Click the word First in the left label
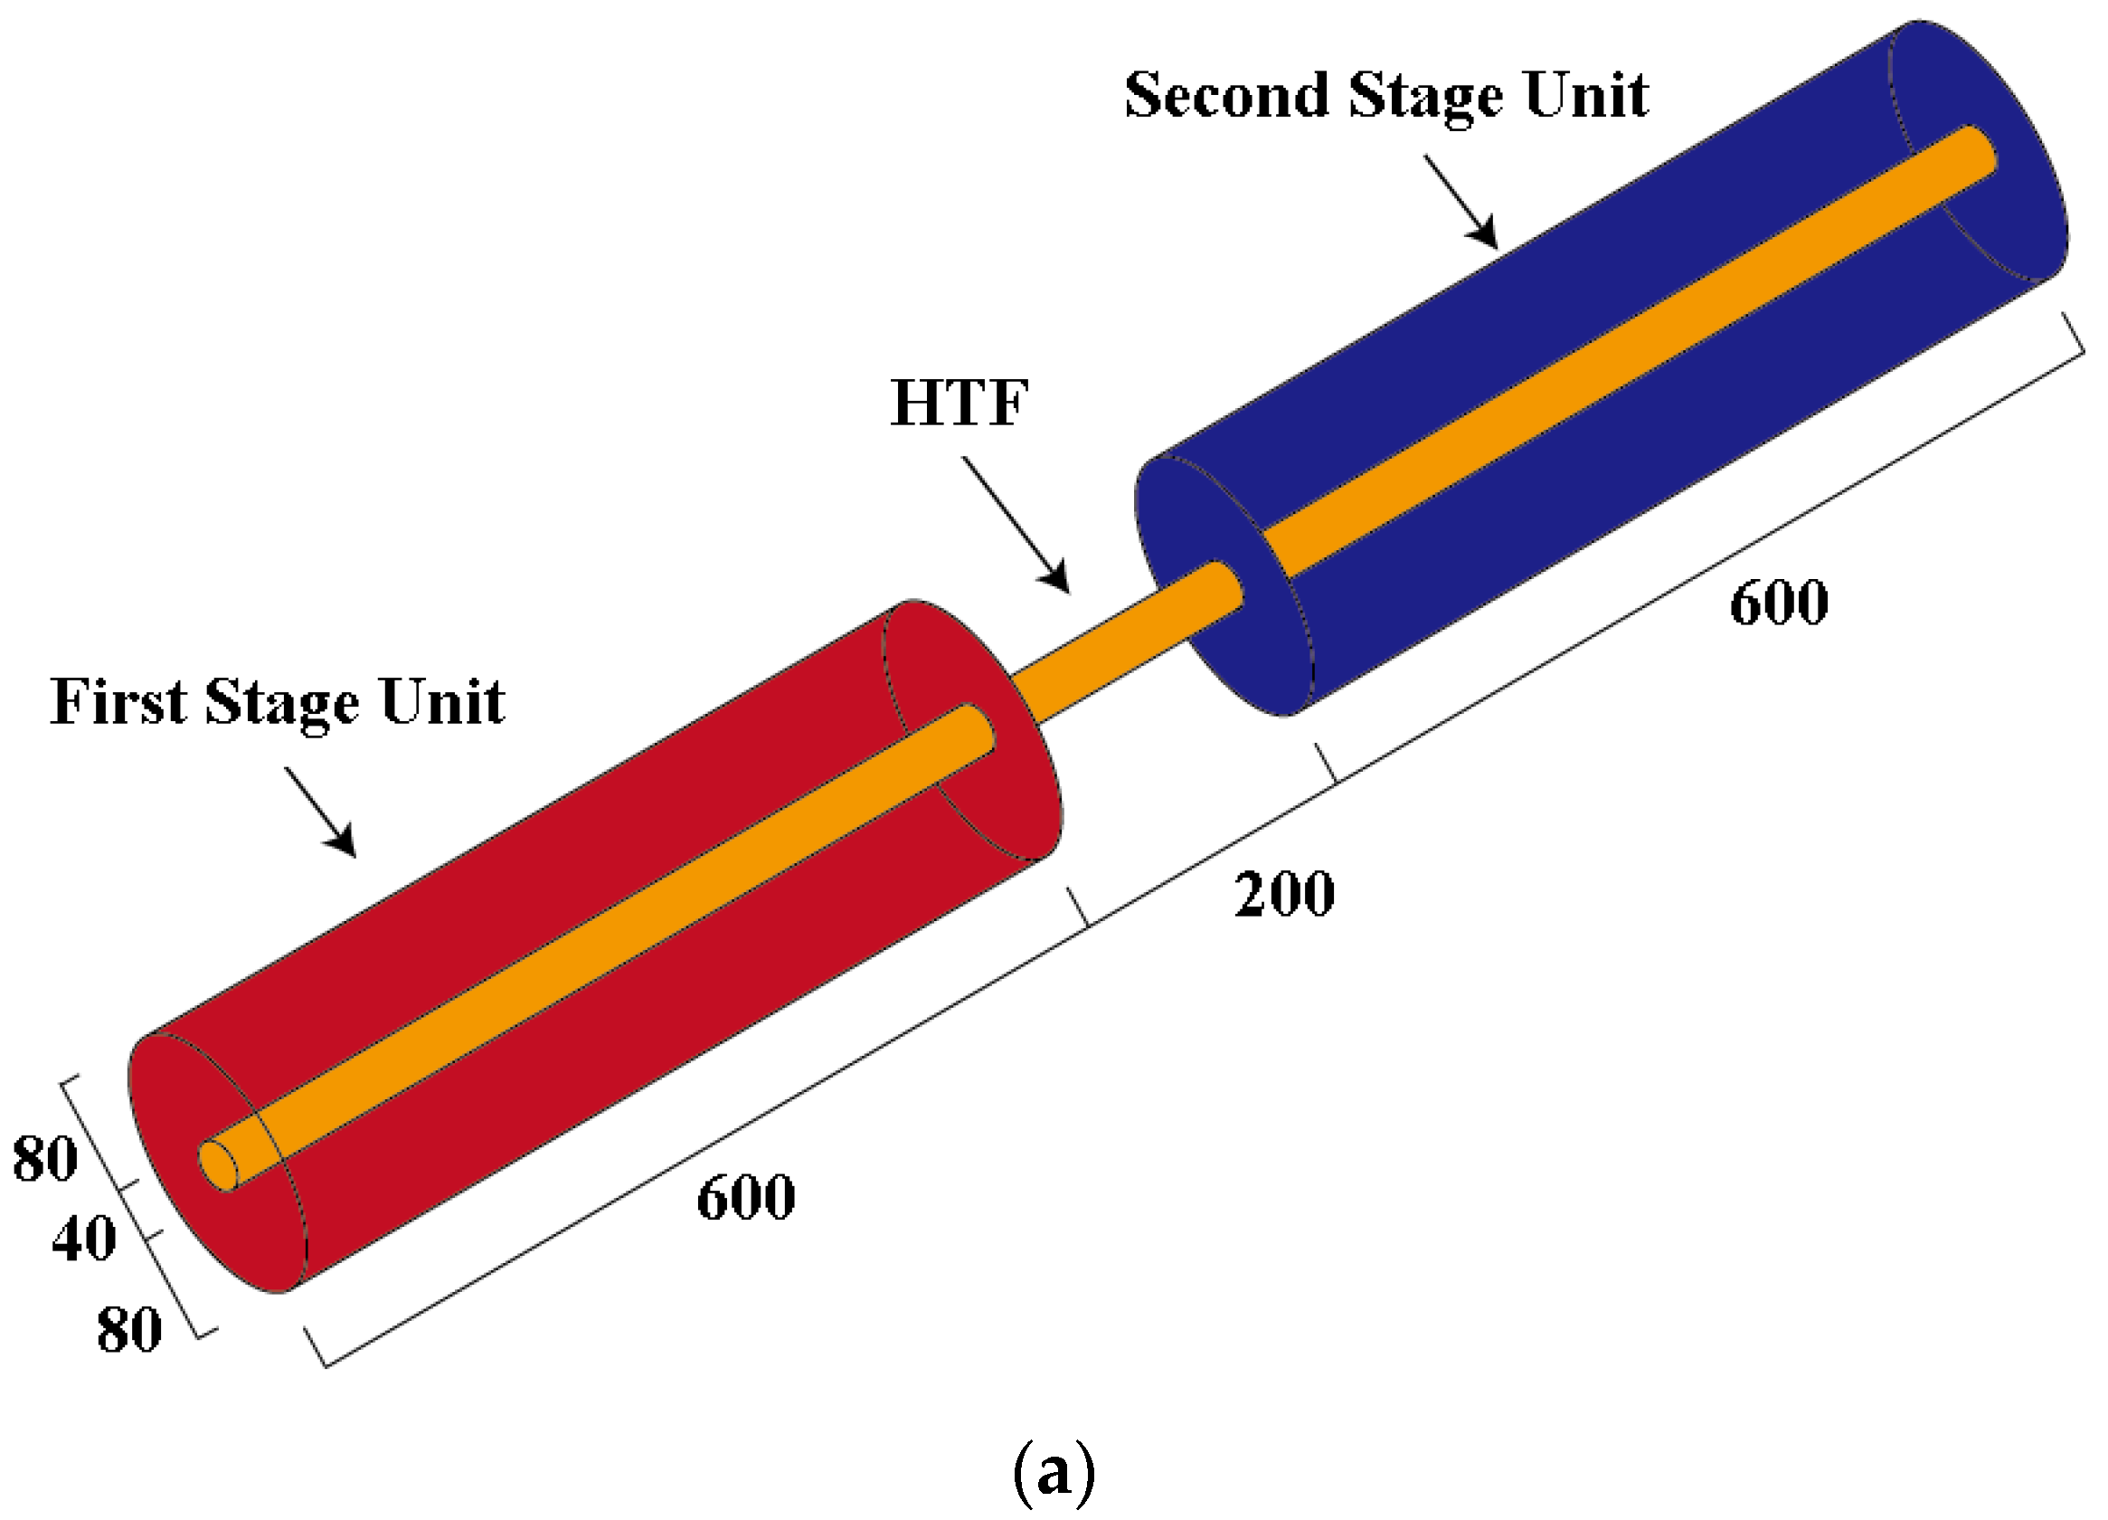(x=118, y=702)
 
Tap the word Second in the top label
(x=1226, y=96)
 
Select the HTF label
(x=959, y=404)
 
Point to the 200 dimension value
(x=1284, y=894)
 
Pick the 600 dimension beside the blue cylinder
(x=1779, y=603)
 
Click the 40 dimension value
(x=83, y=1240)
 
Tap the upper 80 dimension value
(x=44, y=1159)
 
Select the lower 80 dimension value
(x=129, y=1330)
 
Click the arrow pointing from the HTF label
(x=1017, y=527)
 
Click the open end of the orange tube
(x=220, y=1164)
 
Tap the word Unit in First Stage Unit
(x=442, y=702)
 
